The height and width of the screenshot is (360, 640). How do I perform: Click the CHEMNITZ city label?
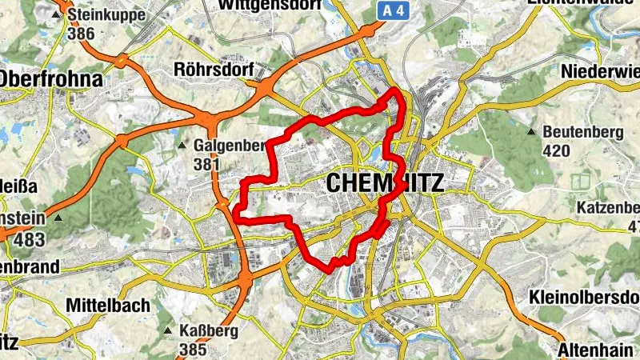385,183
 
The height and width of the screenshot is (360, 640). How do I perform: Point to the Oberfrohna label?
53,79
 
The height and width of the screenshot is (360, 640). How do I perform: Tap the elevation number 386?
82,34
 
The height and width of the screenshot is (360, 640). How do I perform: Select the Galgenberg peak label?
228,146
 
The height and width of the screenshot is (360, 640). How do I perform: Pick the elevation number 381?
206,164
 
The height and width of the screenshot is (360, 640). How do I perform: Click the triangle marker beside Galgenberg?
182,146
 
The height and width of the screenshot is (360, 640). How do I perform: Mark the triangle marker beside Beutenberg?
532,131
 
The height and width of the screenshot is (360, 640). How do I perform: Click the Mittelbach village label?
108,305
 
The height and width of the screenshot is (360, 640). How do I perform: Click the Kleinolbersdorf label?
585,297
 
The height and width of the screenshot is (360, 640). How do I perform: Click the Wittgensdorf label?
258,5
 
